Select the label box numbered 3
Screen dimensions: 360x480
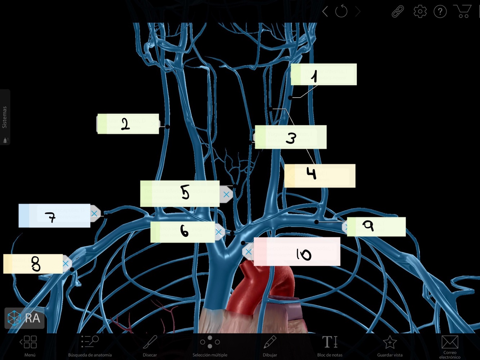[x=291, y=137]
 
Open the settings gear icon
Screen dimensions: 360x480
[x=420, y=12]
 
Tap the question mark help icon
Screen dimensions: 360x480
[x=440, y=12]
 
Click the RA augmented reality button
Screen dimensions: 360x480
[x=24, y=318]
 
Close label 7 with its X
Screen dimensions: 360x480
[x=94, y=213]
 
